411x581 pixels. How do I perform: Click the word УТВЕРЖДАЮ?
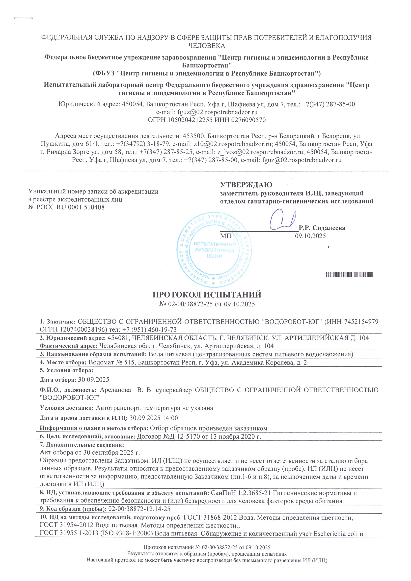coord(246,185)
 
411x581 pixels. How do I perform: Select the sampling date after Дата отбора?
coord(93,380)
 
